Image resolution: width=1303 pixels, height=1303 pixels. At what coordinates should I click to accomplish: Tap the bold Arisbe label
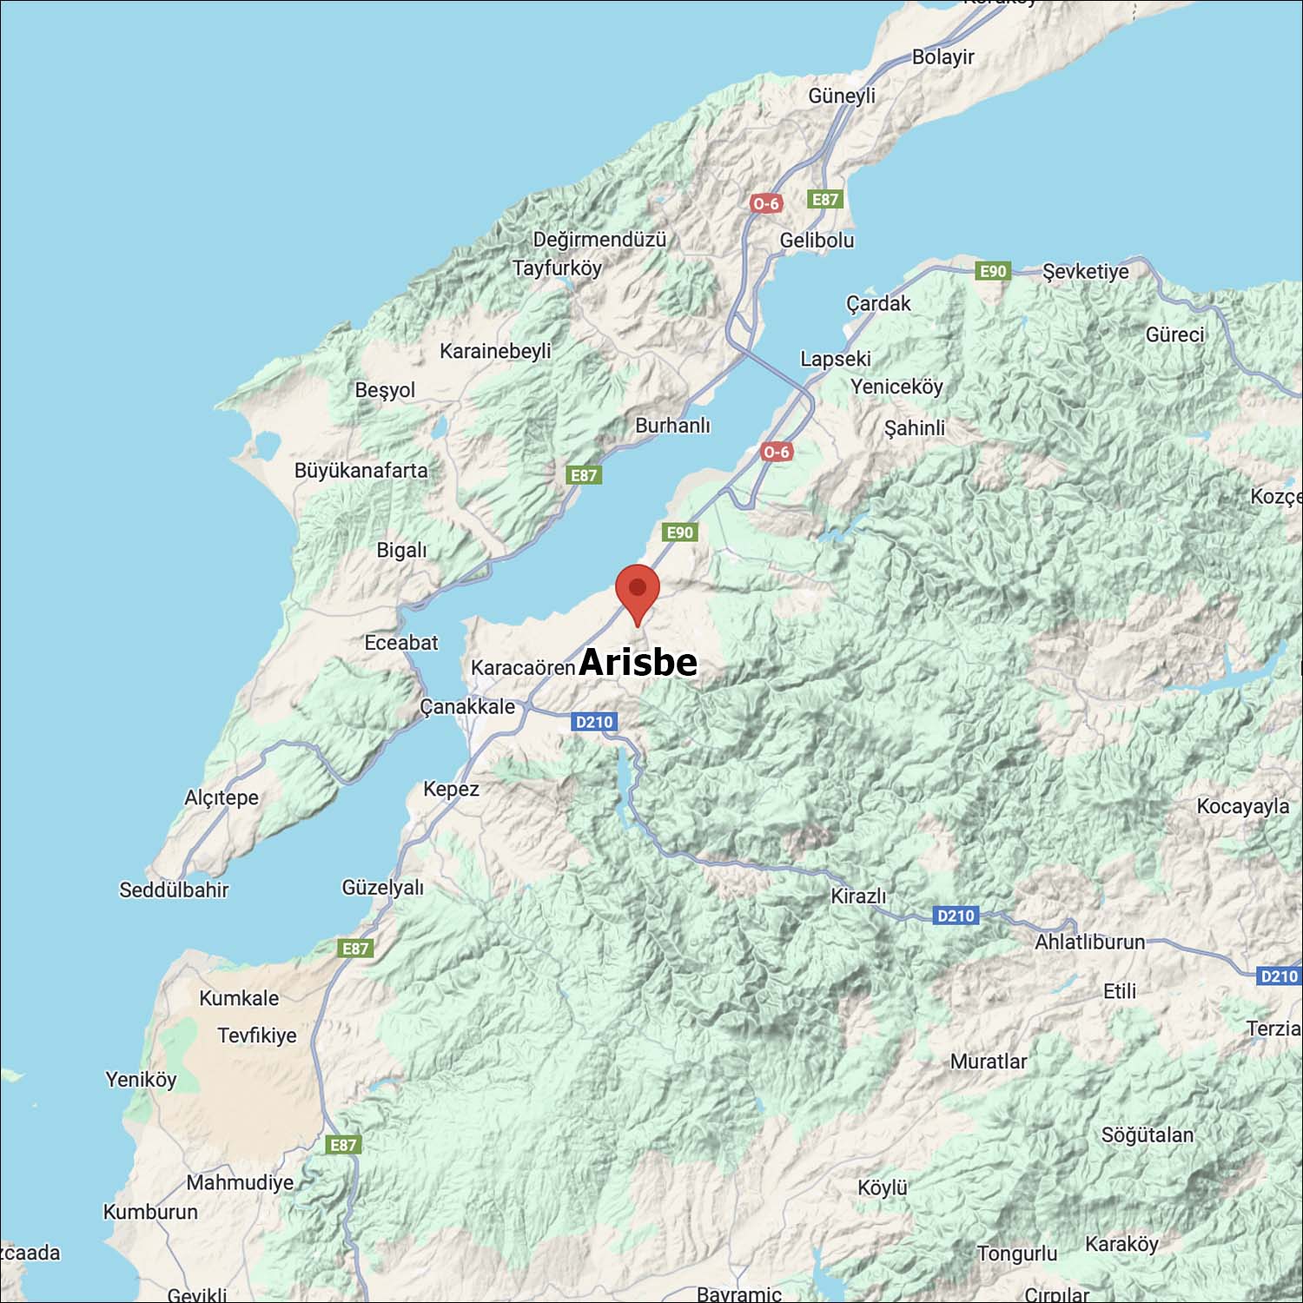point(638,662)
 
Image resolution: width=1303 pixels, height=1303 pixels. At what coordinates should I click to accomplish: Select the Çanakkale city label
point(467,706)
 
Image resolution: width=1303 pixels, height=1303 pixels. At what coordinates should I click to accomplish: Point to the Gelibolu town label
point(817,240)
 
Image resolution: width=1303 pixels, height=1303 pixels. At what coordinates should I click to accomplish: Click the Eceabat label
point(400,643)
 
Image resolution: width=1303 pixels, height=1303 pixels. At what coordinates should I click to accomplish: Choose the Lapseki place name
point(835,359)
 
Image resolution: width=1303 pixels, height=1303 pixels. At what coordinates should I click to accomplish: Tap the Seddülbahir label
point(174,890)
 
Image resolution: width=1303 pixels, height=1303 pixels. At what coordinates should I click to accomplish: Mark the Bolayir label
point(943,57)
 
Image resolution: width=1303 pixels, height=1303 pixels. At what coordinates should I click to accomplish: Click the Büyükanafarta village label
point(360,471)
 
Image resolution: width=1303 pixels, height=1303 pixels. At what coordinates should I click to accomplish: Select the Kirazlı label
point(858,896)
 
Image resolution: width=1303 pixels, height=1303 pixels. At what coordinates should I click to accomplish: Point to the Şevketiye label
point(1086,271)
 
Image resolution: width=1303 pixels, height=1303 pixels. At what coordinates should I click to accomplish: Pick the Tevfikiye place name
point(257,1035)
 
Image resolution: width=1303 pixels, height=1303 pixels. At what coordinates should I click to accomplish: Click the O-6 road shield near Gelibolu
point(766,204)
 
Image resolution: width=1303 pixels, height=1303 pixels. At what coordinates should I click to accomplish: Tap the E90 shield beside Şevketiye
point(993,271)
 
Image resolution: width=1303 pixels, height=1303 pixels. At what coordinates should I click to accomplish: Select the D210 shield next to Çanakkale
point(594,722)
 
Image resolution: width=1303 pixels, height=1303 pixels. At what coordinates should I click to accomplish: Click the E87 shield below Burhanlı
point(584,475)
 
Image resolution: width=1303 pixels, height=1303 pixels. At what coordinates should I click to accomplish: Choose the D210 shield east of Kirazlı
point(956,916)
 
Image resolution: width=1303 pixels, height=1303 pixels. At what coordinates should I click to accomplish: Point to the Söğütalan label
point(1147,1135)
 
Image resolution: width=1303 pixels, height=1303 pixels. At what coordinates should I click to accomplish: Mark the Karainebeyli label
point(495,351)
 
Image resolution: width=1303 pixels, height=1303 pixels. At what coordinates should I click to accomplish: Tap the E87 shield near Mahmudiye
point(343,1145)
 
